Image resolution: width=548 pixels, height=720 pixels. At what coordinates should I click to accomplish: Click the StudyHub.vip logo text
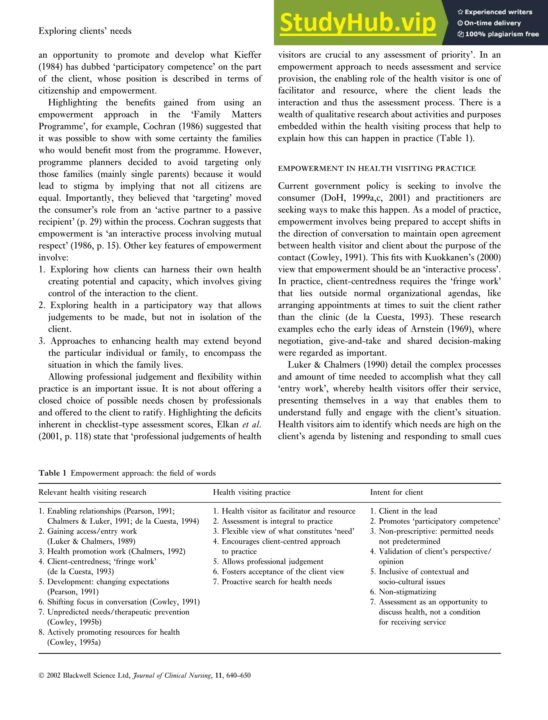[x=358, y=23]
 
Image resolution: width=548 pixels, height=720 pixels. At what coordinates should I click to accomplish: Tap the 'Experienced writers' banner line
[x=495, y=12]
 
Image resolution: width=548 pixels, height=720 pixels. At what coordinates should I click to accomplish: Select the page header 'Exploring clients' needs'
[x=85, y=31]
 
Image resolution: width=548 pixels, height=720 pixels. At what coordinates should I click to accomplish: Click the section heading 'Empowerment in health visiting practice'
[x=377, y=168]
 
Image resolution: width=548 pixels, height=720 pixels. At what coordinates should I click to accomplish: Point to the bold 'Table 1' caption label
[x=52, y=473]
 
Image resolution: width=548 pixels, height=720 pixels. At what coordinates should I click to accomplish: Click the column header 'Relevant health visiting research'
[x=92, y=492]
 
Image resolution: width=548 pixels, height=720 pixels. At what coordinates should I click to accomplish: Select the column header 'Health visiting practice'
[x=252, y=492]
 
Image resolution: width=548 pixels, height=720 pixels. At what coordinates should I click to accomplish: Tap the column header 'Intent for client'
[x=396, y=492]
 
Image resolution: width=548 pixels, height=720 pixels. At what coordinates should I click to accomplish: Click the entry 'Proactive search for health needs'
[x=276, y=582]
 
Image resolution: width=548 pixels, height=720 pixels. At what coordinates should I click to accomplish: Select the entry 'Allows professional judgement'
[x=272, y=561]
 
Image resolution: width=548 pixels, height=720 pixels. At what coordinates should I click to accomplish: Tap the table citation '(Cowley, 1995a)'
[x=74, y=642]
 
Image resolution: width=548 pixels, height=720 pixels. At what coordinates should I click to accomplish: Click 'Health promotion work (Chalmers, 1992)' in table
[x=116, y=552]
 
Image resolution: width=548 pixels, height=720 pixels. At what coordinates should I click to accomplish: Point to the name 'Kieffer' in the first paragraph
[x=248, y=55]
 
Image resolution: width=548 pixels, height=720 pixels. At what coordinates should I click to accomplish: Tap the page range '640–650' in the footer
[x=238, y=676]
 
